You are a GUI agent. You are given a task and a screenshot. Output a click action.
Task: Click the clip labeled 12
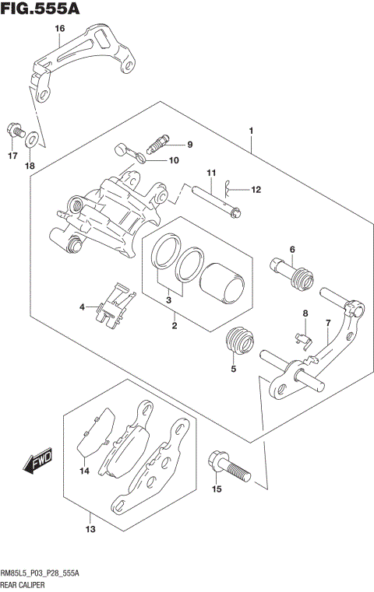(x=228, y=187)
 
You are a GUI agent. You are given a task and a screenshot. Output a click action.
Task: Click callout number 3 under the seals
(x=168, y=300)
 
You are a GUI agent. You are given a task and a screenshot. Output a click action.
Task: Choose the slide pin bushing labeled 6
(x=295, y=274)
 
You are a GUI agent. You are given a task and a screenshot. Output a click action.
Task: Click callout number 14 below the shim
(x=84, y=471)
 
